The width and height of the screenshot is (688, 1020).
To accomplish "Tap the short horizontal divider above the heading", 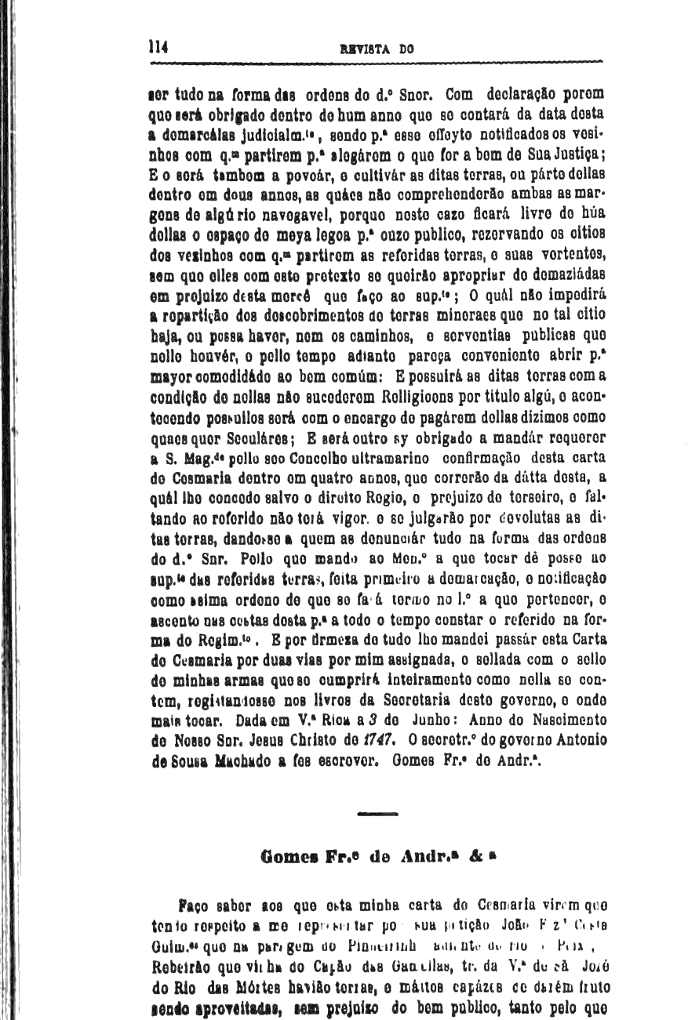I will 378,815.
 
